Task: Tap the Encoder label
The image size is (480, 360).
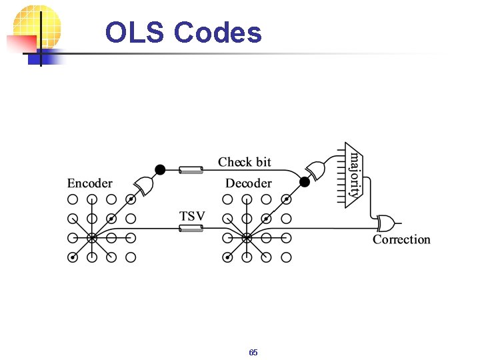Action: point(89,183)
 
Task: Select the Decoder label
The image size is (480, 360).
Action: point(248,183)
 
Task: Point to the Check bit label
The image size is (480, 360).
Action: point(245,162)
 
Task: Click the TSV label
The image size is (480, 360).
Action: point(192,216)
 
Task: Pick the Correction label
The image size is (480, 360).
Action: point(401,239)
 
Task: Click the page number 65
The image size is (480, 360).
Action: point(253,352)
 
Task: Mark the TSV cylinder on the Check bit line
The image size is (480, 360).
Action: point(191,171)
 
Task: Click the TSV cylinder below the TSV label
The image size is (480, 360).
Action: point(191,229)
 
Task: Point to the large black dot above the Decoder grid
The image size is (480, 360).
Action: point(305,181)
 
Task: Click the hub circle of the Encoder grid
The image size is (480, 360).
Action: point(92,237)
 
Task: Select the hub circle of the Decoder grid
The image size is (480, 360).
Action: point(247,237)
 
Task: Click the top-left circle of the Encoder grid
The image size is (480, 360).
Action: point(73,199)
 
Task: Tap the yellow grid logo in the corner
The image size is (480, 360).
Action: point(37,30)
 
